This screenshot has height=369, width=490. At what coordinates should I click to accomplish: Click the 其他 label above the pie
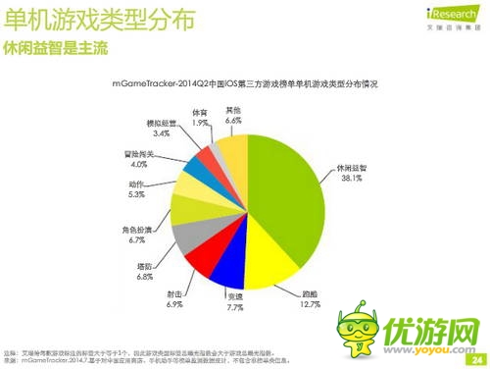point(232,109)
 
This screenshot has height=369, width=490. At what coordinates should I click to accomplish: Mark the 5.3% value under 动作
point(134,194)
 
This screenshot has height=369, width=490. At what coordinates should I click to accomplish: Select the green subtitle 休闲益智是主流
point(54,47)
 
